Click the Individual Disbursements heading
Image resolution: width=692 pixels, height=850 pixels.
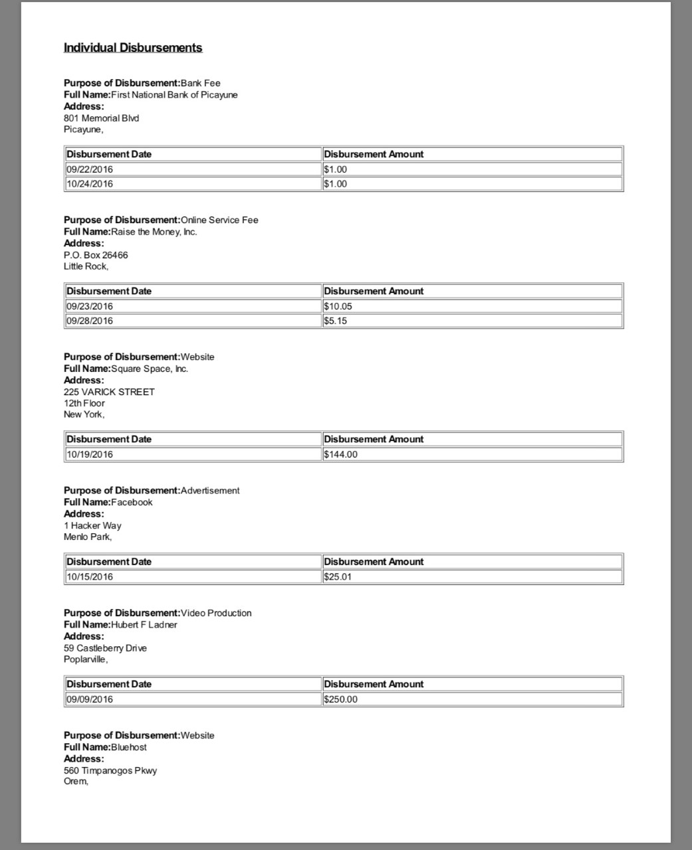pos(133,48)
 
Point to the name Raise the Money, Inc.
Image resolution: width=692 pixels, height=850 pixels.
pos(154,232)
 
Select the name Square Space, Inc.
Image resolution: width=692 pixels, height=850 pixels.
pos(150,369)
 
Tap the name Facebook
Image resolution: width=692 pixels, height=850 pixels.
pos(132,502)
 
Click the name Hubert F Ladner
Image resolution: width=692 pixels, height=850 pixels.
pos(144,625)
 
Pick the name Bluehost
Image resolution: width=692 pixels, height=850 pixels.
pos(129,747)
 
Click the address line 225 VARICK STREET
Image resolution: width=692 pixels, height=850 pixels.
pos(109,392)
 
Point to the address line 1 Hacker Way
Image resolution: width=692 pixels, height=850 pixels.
pos(92,525)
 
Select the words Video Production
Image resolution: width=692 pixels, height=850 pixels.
pos(216,613)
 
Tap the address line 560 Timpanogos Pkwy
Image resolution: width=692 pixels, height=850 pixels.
pos(110,770)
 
